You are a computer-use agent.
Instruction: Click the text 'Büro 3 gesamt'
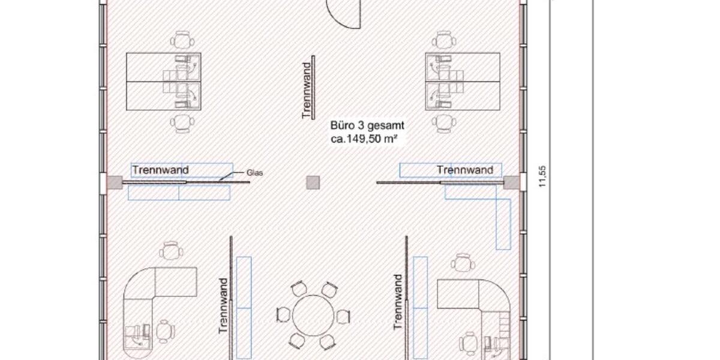[x=367, y=126]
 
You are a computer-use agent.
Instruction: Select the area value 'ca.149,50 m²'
[x=365, y=139]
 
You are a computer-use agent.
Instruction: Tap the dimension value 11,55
[x=543, y=178]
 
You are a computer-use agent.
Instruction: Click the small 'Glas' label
[x=255, y=173]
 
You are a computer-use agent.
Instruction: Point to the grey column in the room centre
[x=312, y=182]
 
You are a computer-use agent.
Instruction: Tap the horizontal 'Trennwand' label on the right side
[x=465, y=170]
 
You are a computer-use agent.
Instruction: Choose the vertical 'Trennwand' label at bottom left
[x=223, y=305]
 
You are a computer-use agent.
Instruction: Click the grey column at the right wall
[x=511, y=182]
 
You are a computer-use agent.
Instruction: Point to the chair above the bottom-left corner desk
[x=172, y=250]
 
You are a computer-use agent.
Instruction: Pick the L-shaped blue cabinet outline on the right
[x=503, y=213]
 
